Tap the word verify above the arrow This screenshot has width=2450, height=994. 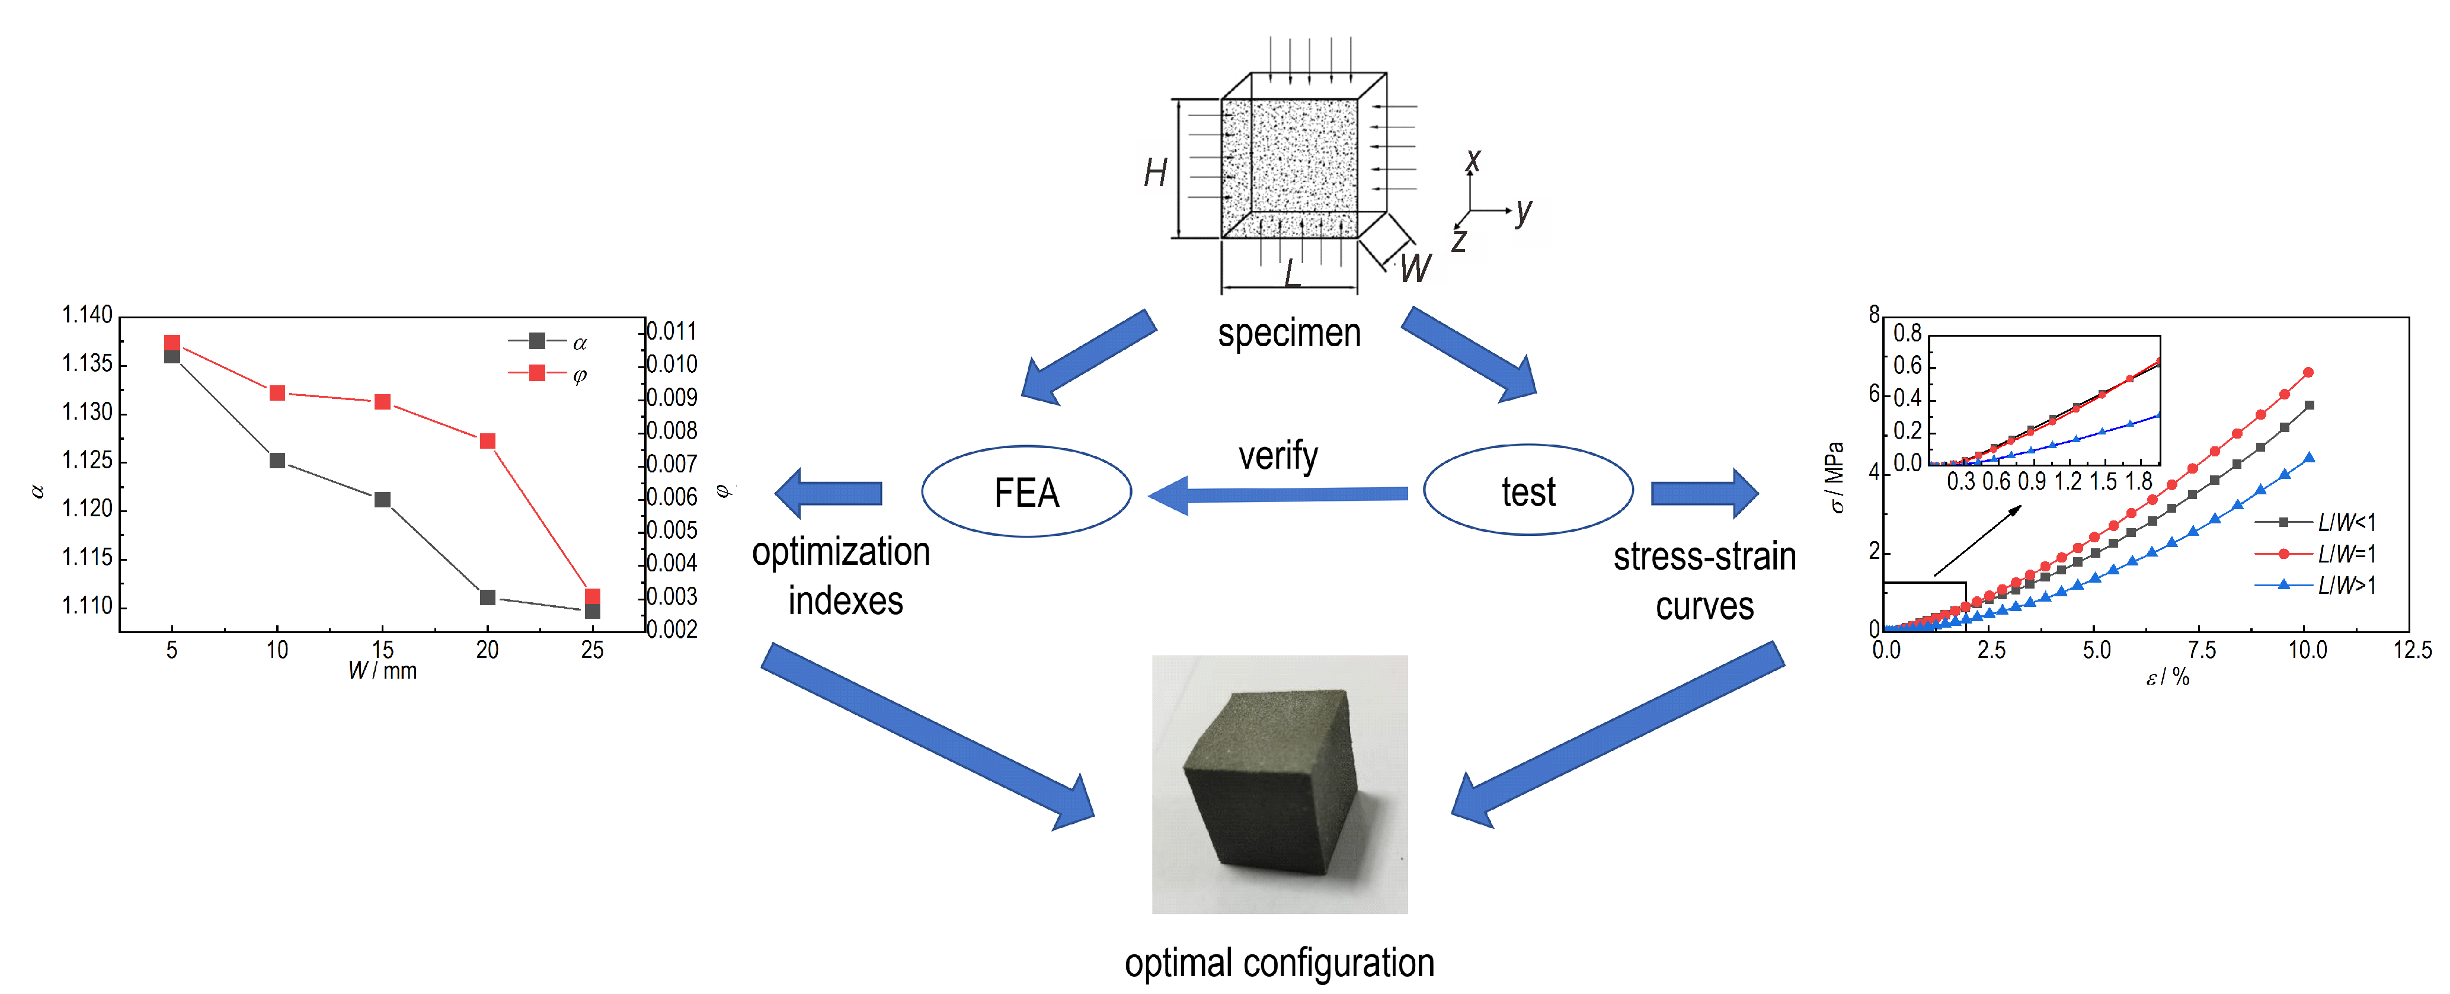click(1278, 456)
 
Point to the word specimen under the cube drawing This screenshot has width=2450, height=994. click(1289, 334)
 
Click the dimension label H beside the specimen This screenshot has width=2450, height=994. click(1156, 173)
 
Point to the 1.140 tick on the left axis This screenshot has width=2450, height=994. click(88, 315)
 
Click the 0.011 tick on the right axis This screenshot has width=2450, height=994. click(671, 331)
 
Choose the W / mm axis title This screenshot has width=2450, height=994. click(382, 670)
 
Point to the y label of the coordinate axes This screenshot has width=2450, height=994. click(1524, 211)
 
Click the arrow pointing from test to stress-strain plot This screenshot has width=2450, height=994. click(1704, 493)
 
